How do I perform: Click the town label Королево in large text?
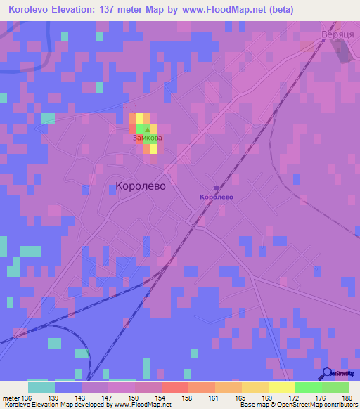139,186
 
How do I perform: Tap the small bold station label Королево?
216,197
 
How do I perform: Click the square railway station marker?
216,188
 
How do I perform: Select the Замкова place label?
147,138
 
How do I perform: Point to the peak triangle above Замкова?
147,129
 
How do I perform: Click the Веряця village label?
335,34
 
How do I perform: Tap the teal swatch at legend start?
41,387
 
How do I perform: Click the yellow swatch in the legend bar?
282,387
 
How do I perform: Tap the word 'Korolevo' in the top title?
32,9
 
